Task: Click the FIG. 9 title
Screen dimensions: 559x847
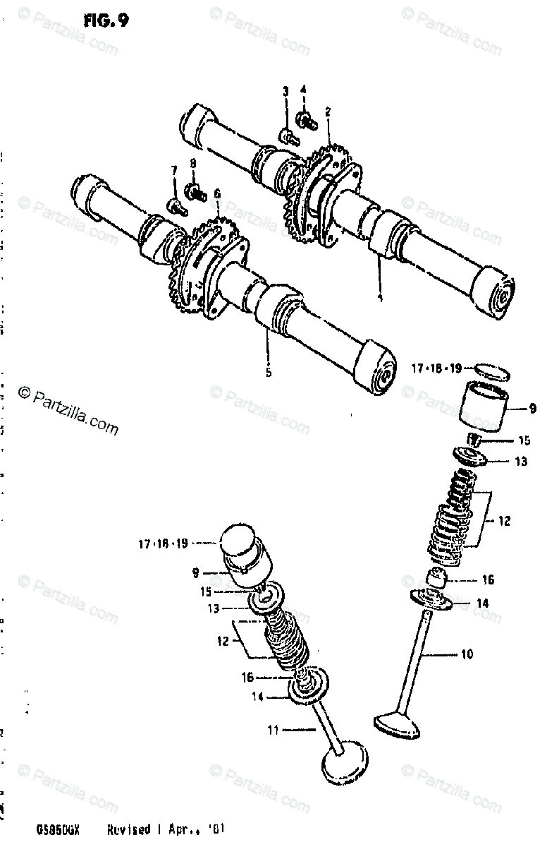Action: click(x=106, y=20)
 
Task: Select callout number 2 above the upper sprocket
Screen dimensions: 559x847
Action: click(x=328, y=112)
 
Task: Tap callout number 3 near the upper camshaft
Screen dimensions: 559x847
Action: click(x=286, y=91)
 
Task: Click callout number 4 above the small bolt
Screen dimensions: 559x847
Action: click(x=304, y=90)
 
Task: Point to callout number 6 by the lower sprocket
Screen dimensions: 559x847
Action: click(x=217, y=193)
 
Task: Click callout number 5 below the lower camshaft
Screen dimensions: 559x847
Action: click(x=269, y=372)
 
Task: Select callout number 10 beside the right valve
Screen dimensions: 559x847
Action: click(x=467, y=654)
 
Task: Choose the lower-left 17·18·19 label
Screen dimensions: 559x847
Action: click(x=164, y=543)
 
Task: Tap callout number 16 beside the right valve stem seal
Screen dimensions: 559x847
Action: click(x=488, y=579)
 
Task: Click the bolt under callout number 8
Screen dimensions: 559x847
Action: click(x=193, y=190)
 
